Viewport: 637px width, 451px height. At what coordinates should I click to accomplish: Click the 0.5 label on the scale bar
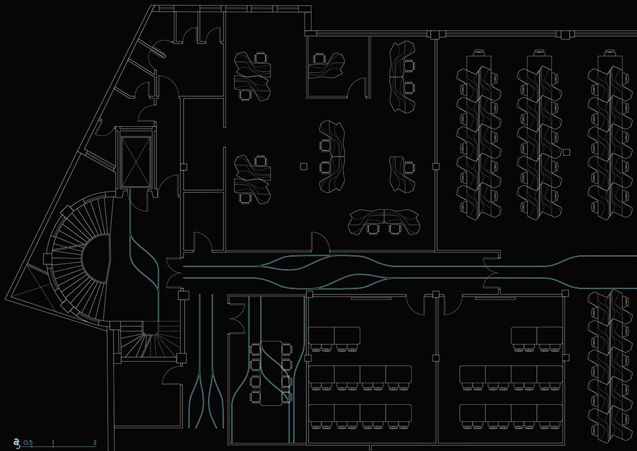pyautogui.click(x=28, y=443)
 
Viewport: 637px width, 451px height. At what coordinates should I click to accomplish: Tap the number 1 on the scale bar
pyautogui.click(x=53, y=443)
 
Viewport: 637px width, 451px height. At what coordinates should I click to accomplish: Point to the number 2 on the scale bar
pyautogui.click(x=95, y=443)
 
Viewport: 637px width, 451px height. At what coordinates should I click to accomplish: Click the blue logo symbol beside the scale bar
pyautogui.click(x=17, y=443)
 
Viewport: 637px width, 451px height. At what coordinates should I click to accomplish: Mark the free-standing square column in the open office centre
pyautogui.click(x=303, y=167)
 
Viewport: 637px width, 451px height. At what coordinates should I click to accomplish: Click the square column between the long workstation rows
pyautogui.click(x=565, y=152)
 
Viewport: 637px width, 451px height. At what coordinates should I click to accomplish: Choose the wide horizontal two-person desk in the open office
pyautogui.click(x=385, y=220)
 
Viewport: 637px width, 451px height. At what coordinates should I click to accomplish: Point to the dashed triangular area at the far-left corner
pyautogui.click(x=32, y=284)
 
